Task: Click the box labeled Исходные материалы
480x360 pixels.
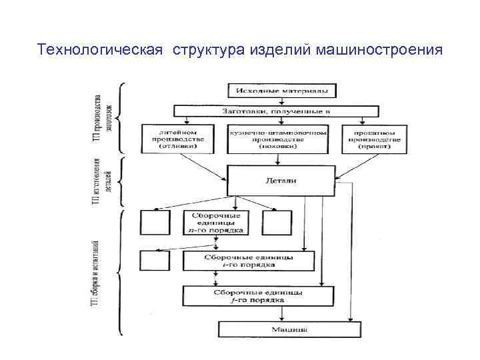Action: click(283, 90)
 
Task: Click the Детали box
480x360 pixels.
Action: click(281, 180)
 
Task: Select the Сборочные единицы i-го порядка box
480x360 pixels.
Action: click(248, 260)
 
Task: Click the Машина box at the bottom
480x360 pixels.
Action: click(289, 329)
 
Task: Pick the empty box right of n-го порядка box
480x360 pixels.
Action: click(277, 222)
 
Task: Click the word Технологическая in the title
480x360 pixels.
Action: click(100, 50)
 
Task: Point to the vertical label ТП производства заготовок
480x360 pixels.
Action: click(103, 110)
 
